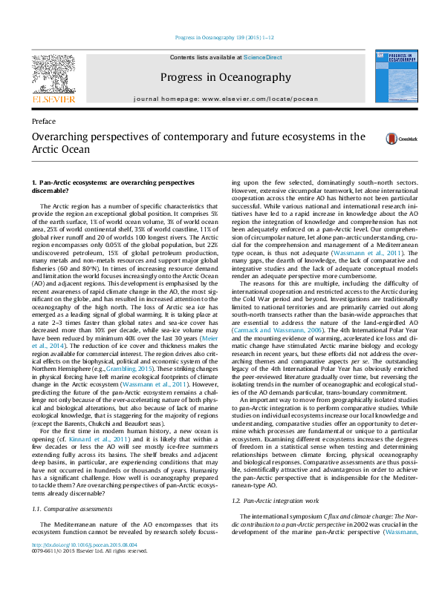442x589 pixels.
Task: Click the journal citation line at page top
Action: click(221, 37)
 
